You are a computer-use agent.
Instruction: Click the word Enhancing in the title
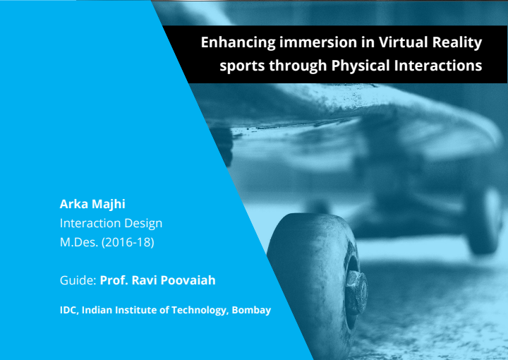(x=238, y=43)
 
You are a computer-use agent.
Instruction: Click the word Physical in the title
(x=360, y=66)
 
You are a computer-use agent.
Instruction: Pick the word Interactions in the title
(x=438, y=66)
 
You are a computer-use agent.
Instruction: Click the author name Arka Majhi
(x=92, y=204)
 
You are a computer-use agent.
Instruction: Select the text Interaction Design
(x=111, y=223)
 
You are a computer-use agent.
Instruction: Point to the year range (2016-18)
(x=128, y=242)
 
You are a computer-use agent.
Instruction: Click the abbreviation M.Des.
(x=79, y=242)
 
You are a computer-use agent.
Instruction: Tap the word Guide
(x=78, y=280)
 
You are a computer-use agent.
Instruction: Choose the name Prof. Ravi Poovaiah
(x=157, y=280)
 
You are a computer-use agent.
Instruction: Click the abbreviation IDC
(x=69, y=310)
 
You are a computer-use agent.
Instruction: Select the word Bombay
(x=251, y=310)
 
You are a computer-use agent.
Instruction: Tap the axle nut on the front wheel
(x=356, y=292)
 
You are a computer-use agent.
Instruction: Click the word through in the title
(x=298, y=66)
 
